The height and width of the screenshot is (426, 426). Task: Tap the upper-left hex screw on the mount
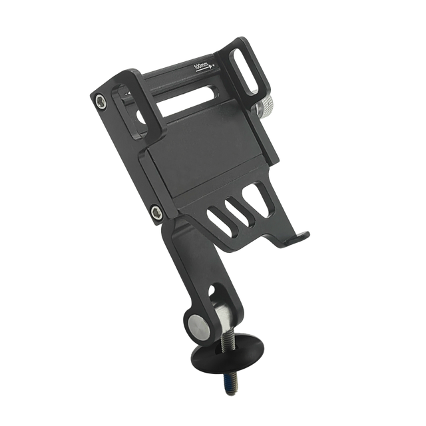(101, 101)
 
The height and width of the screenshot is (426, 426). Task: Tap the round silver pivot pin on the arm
(198, 327)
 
